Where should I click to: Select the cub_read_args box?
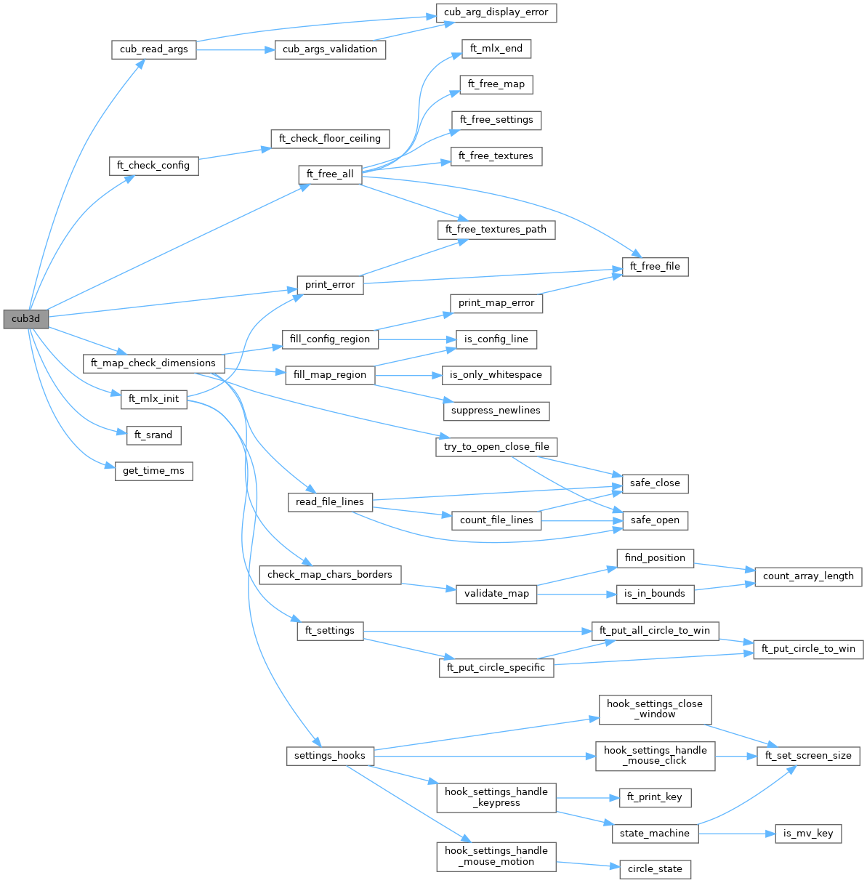[153, 49]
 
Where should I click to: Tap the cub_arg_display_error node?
[496, 12]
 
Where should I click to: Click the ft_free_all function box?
[330, 174]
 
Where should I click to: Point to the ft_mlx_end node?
[496, 49]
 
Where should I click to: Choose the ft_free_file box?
[655, 267]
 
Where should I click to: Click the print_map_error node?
[496, 303]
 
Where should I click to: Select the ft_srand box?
[153, 435]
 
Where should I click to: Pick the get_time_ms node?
[153, 471]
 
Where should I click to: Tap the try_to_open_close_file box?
[496, 447]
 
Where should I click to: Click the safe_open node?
[655, 520]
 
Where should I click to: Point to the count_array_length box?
[808, 576]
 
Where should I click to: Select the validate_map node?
[496, 594]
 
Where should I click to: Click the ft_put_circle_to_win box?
[808, 648]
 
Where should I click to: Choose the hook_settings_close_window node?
[655, 709]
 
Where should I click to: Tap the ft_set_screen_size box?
[808, 756]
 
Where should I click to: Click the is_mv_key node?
[808, 834]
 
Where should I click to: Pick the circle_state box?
[655, 869]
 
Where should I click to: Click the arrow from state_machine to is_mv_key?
[734, 834]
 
